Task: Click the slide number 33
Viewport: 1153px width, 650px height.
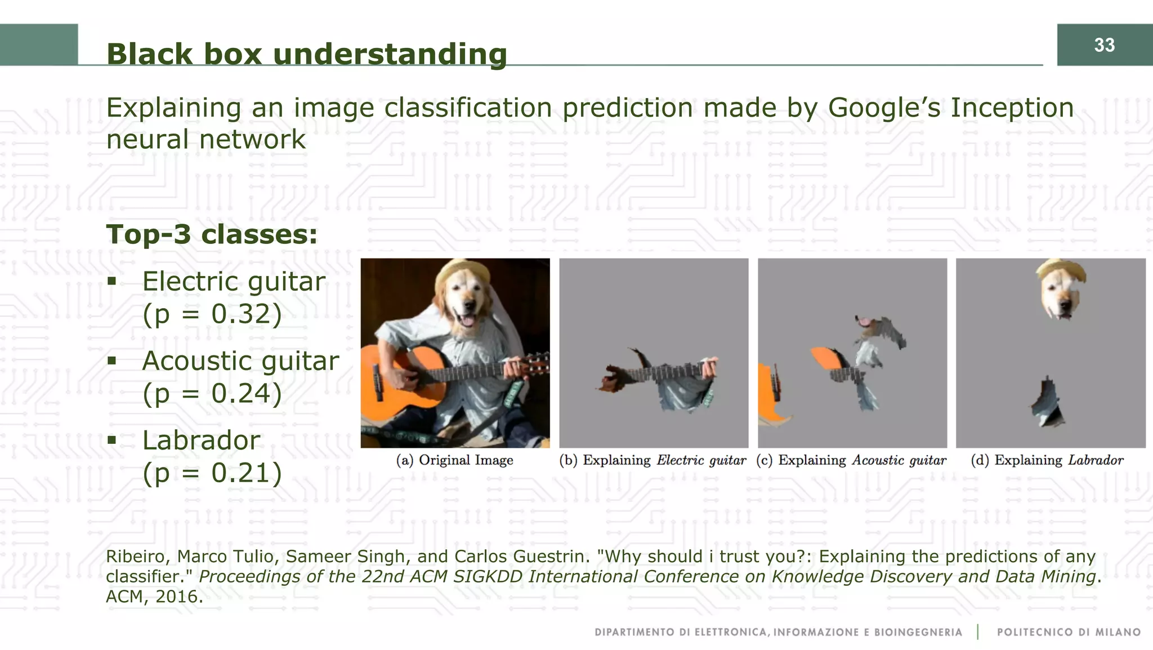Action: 1104,45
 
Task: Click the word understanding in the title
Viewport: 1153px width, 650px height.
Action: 390,55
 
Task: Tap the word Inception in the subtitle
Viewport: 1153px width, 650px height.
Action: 1012,108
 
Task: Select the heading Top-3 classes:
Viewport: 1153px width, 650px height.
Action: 212,234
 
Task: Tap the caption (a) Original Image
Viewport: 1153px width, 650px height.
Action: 454,460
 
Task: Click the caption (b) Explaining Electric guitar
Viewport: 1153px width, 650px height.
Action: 653,460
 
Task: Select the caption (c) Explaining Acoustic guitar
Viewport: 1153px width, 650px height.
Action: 851,460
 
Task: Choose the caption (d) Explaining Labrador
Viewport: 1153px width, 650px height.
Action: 1047,460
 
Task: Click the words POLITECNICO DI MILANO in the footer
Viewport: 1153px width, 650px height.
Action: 1068,632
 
